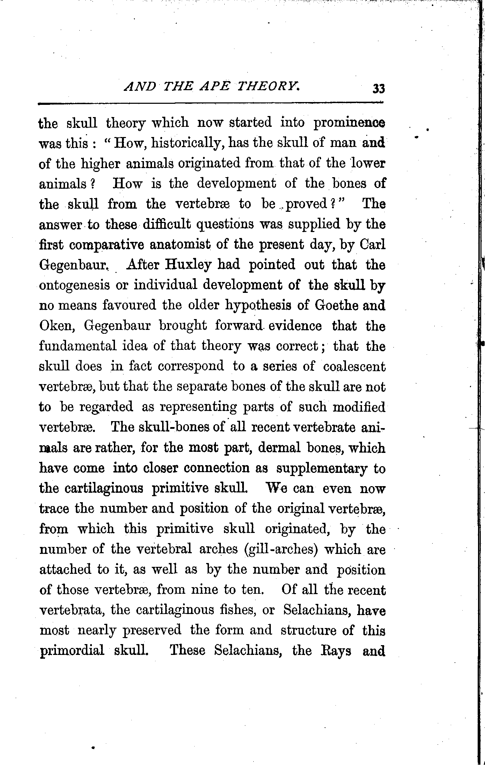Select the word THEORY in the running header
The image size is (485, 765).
(x=268, y=86)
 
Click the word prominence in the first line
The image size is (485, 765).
(x=349, y=123)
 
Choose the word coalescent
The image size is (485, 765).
(x=354, y=366)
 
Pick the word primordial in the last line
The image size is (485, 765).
(x=72, y=651)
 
